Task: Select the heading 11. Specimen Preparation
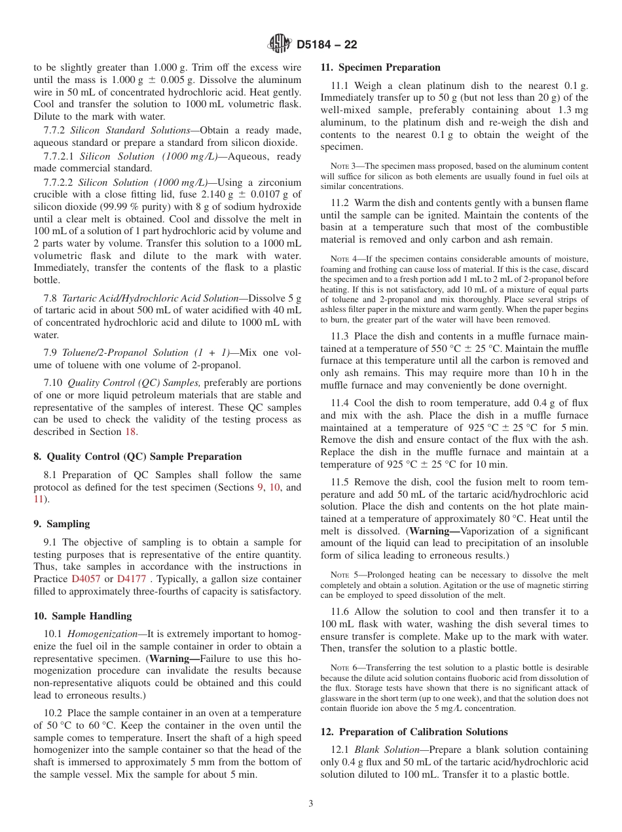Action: pyautogui.click(x=380, y=67)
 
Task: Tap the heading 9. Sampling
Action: pyautogui.click(x=62, y=524)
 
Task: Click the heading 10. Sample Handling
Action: pyautogui.click(x=82, y=616)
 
